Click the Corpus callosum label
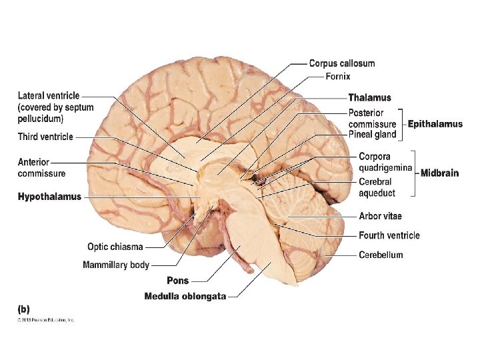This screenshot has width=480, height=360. coord(341,63)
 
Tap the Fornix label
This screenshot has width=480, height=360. coord(338,77)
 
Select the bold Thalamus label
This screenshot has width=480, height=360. coord(369,98)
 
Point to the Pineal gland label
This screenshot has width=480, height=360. coord(372,135)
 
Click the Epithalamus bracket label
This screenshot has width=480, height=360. coord(435,124)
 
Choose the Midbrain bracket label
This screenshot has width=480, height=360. coord(439,173)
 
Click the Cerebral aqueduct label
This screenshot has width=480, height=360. coord(377,187)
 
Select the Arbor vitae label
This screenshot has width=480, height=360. coord(380,216)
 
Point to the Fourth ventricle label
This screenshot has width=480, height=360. coord(389,235)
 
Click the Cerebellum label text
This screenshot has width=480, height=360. coord(381,255)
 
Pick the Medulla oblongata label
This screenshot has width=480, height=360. coord(185,296)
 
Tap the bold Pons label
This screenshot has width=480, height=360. coord(178,281)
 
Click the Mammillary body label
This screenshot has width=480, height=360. coord(116,265)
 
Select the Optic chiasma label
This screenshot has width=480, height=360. coord(115,247)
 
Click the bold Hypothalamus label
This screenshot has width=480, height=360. coord(49,197)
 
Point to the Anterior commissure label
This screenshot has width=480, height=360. coord(41,167)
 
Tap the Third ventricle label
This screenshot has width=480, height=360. coord(45,137)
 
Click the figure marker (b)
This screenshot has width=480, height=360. coord(23,309)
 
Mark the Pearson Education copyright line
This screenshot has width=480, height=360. coord(46,320)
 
